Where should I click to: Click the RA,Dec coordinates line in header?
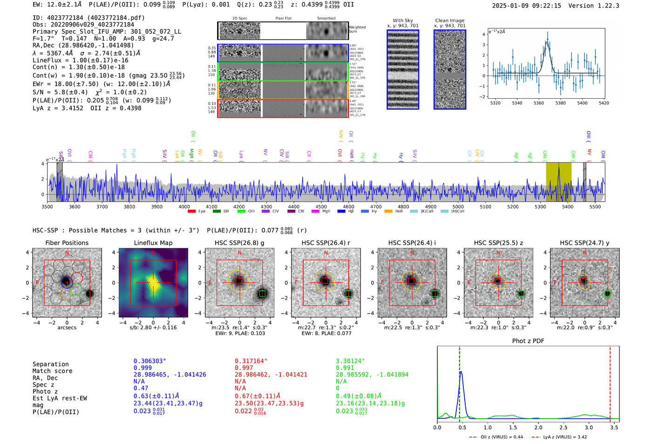(x=83, y=45)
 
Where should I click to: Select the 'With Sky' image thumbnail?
(x=403, y=69)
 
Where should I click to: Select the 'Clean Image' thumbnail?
(x=450, y=69)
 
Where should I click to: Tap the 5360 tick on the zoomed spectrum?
(x=539, y=103)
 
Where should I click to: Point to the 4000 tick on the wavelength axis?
(x=184, y=206)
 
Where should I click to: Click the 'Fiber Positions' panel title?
(x=67, y=243)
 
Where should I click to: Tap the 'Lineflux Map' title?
(x=153, y=243)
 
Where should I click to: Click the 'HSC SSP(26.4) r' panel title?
(x=326, y=243)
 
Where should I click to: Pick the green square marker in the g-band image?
(x=262, y=294)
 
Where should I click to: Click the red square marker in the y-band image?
(x=583, y=281)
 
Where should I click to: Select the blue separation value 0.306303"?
(x=150, y=361)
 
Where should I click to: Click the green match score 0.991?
(x=345, y=368)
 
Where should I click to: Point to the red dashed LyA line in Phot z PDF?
(x=610, y=382)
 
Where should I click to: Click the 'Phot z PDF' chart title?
(x=528, y=341)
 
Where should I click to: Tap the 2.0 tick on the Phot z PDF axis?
(x=538, y=427)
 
